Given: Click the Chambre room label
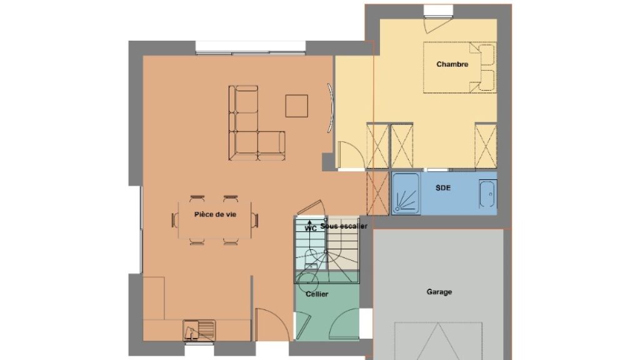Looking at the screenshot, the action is click(452, 64).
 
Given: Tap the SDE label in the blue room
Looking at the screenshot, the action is click(443, 187).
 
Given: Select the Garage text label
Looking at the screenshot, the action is click(439, 292).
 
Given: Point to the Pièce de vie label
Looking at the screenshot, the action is click(215, 214).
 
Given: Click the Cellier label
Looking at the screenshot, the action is click(317, 294).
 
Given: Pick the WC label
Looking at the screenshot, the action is click(311, 229).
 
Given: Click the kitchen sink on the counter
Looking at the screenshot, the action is click(199, 330).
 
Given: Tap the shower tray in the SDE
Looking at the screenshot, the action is click(406, 194).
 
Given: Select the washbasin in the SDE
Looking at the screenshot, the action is click(487, 194).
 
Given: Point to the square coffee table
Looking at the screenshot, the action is click(297, 106).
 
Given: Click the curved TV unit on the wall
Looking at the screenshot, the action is click(331, 107).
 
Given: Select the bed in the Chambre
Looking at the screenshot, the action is click(459, 67).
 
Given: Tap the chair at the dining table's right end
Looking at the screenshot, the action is click(255, 221).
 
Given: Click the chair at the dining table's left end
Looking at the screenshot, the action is click(175, 221).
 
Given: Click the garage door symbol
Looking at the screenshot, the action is click(438, 341).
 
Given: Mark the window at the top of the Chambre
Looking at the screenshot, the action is click(438, 11).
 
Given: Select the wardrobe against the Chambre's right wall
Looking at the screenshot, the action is click(486, 146).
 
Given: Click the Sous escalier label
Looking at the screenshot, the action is click(344, 226).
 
